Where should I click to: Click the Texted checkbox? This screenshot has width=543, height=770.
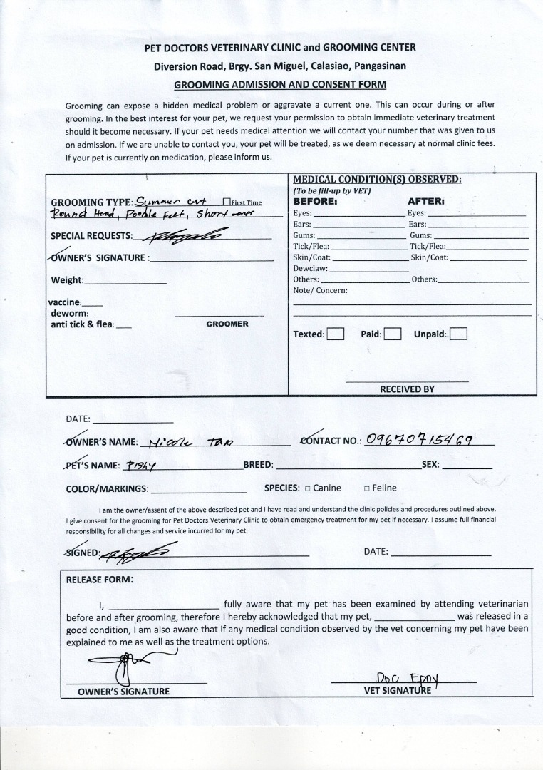pyautogui.click(x=336, y=334)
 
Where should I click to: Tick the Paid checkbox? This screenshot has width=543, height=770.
pyautogui.click(x=393, y=334)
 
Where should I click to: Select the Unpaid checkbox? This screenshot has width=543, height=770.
pyautogui.click(x=459, y=334)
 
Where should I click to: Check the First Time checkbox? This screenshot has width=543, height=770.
pyautogui.click(x=227, y=202)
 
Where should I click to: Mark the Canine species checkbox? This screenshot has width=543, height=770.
pyautogui.click(x=308, y=488)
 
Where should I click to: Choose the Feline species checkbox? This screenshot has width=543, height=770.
pyautogui.click(x=366, y=488)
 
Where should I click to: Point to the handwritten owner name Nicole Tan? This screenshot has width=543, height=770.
pyautogui.click(x=187, y=441)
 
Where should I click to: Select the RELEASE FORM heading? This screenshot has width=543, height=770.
pyautogui.click(x=99, y=579)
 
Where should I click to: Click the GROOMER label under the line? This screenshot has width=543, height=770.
pyautogui.click(x=227, y=324)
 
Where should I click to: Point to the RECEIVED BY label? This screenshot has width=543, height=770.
pyautogui.click(x=407, y=389)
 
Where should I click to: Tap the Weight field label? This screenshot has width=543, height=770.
pyautogui.click(x=67, y=280)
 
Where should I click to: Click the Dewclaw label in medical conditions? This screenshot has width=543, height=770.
pyautogui.click(x=310, y=268)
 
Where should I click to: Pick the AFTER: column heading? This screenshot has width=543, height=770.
pyautogui.click(x=426, y=202)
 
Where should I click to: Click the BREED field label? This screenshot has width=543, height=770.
pyautogui.click(x=258, y=465)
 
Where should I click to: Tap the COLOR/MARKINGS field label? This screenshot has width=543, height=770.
pyautogui.click(x=107, y=489)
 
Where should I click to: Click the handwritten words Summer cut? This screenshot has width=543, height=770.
pyautogui.click(x=166, y=201)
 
